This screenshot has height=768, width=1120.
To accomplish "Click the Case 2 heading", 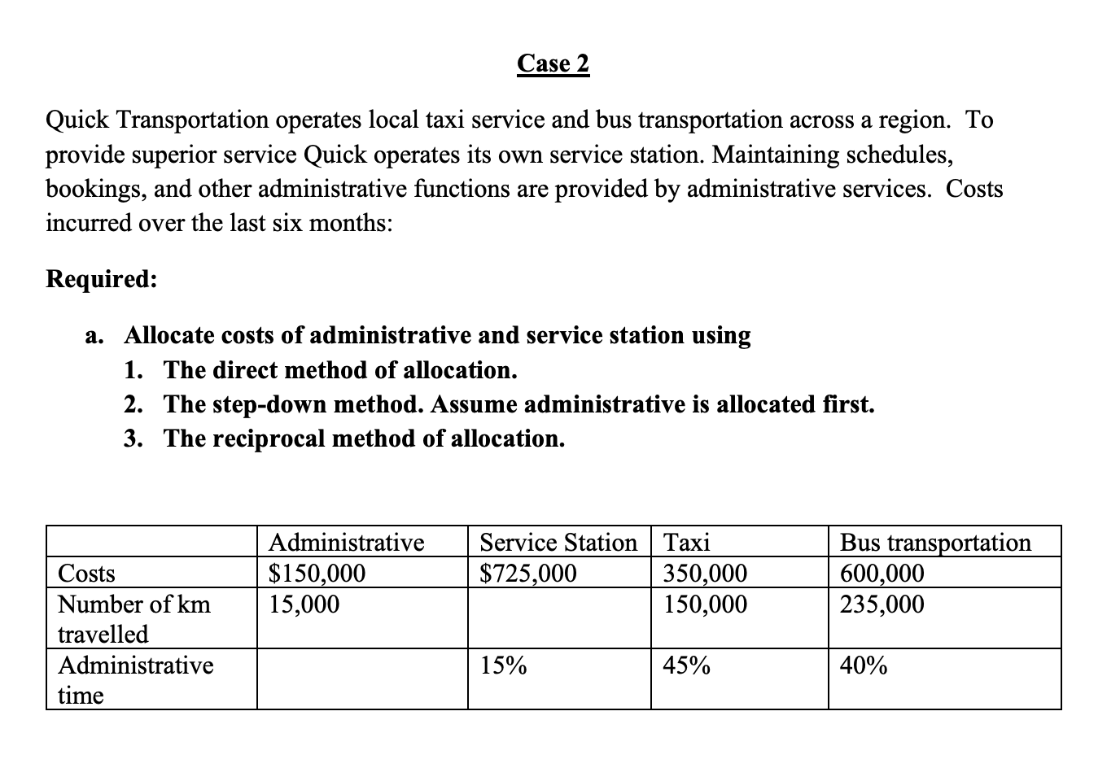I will coord(553,63).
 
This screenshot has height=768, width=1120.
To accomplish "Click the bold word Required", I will coord(101,279).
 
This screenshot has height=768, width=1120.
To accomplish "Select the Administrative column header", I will coord(346,542).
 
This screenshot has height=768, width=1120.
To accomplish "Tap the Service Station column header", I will coord(558,542).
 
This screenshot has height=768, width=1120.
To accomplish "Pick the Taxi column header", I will coord(687,542).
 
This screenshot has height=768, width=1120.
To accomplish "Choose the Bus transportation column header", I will coord(934,542).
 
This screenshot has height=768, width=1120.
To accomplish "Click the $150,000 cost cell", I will coord(317,574).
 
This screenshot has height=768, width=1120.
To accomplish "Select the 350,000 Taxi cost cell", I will coord(705,574).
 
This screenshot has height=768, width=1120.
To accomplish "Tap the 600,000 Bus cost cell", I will coord(882,574).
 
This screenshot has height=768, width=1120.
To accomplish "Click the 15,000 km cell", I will coord(304,604).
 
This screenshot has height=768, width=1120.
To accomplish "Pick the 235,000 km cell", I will coord(882,604).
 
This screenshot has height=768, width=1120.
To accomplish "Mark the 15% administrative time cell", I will coord(502,666).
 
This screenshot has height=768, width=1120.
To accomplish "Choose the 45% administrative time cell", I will coord(686,666).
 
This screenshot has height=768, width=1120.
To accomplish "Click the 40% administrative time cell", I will coord(864,666).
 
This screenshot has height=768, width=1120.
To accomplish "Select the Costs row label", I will coord(86,574).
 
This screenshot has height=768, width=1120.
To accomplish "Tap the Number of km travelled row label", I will coord(134,618).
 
